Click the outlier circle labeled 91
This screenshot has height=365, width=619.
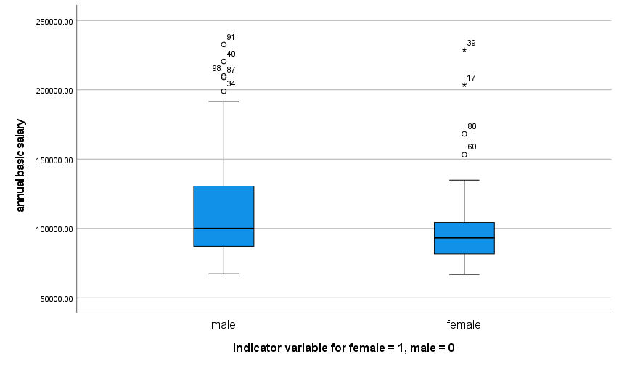coord(224,44)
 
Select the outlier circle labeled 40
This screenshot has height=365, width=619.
coord(224,62)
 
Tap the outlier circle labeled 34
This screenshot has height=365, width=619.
coord(224,91)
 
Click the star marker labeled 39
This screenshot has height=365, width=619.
coord(464,50)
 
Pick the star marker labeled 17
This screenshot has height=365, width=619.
coord(464,85)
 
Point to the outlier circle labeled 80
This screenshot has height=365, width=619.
coord(464,134)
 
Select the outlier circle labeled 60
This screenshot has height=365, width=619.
coord(464,155)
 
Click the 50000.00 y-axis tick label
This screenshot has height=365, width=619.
coord(56,298)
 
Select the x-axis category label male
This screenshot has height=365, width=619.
coord(224,324)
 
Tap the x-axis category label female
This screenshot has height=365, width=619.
coord(464,324)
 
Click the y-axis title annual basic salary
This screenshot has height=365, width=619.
coord(20,165)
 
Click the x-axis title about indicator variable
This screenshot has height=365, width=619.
coord(343,348)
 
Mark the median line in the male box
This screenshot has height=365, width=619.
coord(224,229)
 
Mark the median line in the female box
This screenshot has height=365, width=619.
coord(464,237)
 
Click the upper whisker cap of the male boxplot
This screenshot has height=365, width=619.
coord(224,102)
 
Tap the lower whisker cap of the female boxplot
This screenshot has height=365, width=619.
coord(464,274)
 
